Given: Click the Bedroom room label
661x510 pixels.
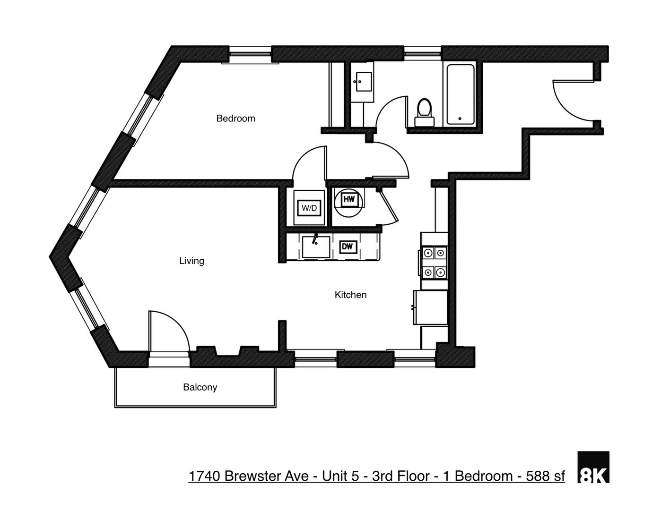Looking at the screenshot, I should click(235, 119).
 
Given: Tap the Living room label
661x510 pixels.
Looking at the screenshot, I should click(191, 261).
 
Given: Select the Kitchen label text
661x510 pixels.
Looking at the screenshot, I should click(350, 295).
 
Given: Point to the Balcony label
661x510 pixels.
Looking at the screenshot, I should click(200, 387).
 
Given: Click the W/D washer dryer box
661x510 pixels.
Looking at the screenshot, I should click(309, 208).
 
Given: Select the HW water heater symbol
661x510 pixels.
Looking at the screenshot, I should click(349, 200).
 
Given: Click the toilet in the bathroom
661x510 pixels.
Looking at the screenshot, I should click(424, 112).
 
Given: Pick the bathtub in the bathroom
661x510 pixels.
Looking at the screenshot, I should click(460, 94).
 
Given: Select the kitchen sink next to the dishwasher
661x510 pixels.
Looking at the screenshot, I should click(316, 247).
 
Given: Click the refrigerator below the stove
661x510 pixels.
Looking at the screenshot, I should click(431, 307).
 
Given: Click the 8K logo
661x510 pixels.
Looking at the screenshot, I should click(593, 467).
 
